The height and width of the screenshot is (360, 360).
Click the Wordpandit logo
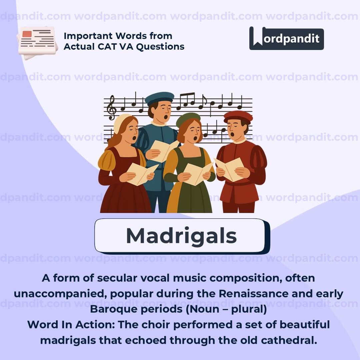click(x=286, y=38)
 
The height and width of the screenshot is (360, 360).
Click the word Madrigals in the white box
click(x=181, y=236)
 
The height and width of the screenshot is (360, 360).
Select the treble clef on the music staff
click(x=112, y=108)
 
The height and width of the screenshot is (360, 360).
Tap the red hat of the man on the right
click(x=238, y=117)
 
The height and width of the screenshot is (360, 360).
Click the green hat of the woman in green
click(x=188, y=119)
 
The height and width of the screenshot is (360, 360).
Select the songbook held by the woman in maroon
click(x=141, y=173)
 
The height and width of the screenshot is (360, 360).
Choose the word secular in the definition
click(x=117, y=278)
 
